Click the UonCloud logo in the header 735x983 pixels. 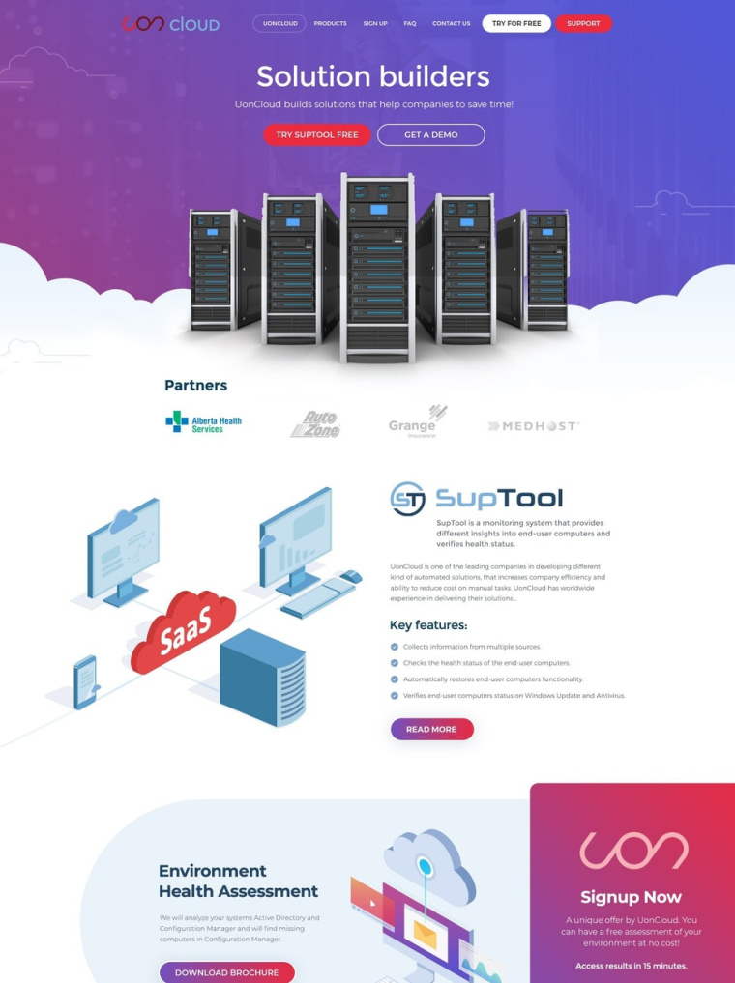[x=171, y=23]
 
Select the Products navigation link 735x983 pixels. [x=330, y=23]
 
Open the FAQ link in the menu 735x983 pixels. [x=410, y=23]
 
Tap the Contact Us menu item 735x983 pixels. [x=451, y=23]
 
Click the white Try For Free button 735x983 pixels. [x=516, y=23]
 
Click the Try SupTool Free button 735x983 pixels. [x=317, y=134]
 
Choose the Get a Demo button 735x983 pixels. [x=430, y=134]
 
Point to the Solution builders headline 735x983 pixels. [x=373, y=76]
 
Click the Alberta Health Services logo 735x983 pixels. [x=203, y=422]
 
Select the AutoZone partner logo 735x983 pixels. [x=315, y=424]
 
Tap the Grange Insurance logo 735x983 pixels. [x=417, y=422]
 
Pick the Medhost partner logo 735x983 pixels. [x=534, y=425]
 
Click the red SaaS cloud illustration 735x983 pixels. [x=183, y=632]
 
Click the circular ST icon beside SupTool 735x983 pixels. [x=407, y=499]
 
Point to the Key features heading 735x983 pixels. [x=428, y=625]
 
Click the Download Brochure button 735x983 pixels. [x=226, y=971]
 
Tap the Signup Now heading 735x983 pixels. [x=631, y=897]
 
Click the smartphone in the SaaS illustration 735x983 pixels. [x=86, y=680]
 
